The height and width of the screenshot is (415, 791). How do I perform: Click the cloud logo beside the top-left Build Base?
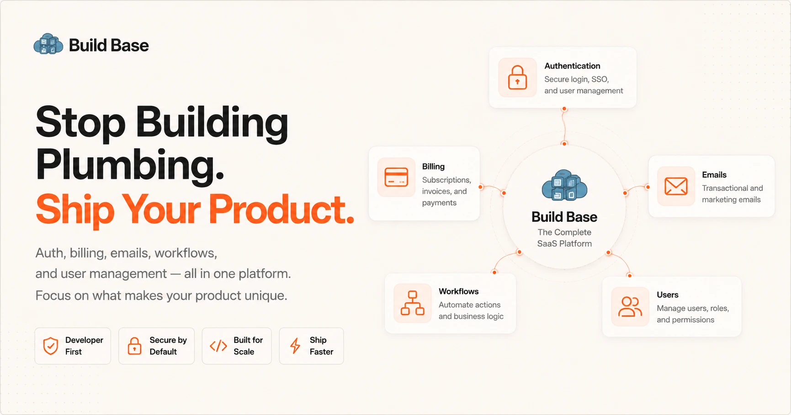pos(48,44)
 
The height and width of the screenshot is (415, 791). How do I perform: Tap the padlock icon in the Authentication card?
pos(517,78)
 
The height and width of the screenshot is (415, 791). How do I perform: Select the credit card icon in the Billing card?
pos(396,177)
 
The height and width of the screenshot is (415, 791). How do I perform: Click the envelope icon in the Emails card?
pos(676,186)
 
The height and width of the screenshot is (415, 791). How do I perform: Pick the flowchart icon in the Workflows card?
pos(413,303)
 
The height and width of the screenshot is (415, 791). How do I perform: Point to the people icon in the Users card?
pos(630,306)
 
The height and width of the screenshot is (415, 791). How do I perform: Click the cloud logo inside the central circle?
pos(564,185)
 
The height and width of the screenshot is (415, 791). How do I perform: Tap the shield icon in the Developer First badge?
pos(51,346)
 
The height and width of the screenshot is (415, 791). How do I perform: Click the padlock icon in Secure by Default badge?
pos(134,346)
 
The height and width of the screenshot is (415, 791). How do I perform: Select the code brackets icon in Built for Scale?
pos(218,346)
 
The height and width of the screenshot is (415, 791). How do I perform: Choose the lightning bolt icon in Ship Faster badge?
pos(295,346)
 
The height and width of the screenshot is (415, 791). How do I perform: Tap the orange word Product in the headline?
pos(281,210)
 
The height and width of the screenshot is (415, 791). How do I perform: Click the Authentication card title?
pos(572,66)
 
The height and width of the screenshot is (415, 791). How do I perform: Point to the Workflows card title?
pos(459,291)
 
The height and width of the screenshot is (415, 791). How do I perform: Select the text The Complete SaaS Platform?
pos(564,238)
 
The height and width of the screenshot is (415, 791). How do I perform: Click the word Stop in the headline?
pos(80,122)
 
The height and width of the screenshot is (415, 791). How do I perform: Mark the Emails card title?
pos(714,175)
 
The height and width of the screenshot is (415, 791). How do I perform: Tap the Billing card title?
pos(433,167)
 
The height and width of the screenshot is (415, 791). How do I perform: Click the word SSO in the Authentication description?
pos(600,79)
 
